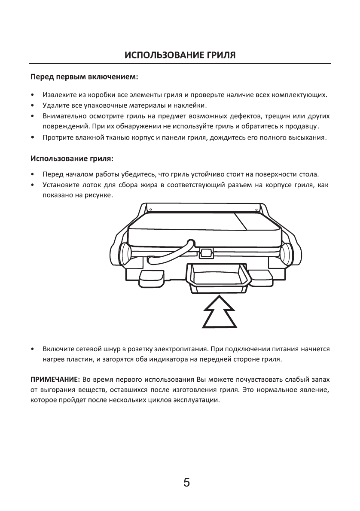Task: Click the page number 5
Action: click(x=186, y=483)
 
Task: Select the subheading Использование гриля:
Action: click(x=72, y=158)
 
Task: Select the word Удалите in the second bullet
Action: click(x=55, y=105)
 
